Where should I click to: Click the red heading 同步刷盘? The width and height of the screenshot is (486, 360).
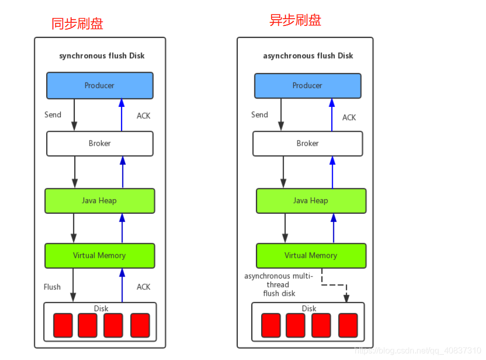click(77, 24)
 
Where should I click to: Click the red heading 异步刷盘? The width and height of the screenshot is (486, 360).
click(295, 20)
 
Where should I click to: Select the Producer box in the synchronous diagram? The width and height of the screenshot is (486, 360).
click(100, 86)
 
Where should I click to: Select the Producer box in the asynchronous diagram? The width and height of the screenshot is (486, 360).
click(307, 86)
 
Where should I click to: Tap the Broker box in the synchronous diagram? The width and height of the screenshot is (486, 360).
click(100, 143)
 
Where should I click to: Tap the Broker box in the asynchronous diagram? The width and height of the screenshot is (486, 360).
click(307, 143)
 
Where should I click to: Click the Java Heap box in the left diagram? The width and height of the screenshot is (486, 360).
click(100, 201)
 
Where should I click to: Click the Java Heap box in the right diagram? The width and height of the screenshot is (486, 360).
click(310, 201)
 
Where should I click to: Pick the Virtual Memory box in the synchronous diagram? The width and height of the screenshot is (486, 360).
click(100, 256)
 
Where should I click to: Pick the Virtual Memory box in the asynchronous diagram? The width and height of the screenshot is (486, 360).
click(310, 256)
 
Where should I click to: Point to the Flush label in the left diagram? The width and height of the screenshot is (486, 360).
click(52, 287)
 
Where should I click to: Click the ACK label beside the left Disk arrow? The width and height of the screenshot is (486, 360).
click(143, 287)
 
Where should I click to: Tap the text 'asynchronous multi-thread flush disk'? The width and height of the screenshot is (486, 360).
click(279, 285)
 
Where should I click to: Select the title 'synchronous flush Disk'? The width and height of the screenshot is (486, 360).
click(102, 56)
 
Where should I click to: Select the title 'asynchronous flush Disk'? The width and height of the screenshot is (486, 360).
click(308, 56)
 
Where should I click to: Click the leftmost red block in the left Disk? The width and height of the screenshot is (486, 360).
click(63, 325)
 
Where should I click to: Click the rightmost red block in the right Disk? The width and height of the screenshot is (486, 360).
click(348, 325)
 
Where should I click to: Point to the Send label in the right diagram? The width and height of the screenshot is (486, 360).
click(260, 115)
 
